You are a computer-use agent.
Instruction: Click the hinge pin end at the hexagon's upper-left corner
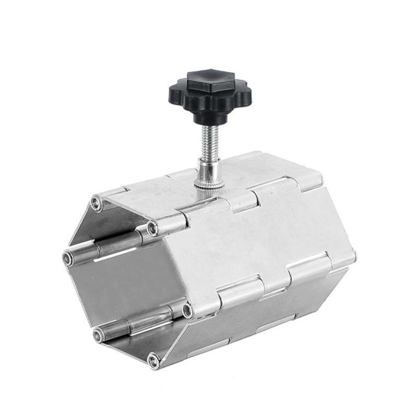tap(96, 203)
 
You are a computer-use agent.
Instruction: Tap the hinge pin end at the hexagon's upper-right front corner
tap(153, 228)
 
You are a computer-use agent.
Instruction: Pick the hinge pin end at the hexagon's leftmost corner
tap(68, 258)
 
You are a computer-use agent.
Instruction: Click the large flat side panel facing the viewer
tap(256, 240)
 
